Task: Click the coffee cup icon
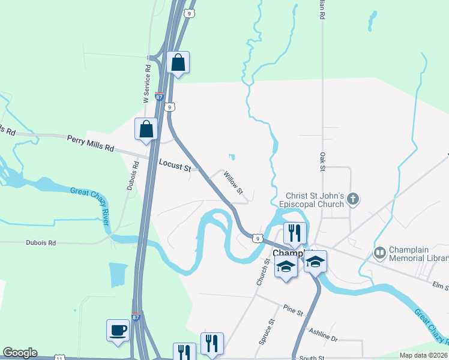[118, 330]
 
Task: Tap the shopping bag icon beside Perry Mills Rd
[146, 129]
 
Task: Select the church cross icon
[353, 199]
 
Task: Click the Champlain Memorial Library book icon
[379, 253]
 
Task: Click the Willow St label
[233, 183]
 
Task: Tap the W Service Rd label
[146, 84]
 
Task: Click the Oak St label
[322, 161]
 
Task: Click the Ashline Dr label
[324, 334]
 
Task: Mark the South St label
[312, 358]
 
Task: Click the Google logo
[20, 353]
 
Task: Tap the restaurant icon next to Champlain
[295, 233]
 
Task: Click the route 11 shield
[59, 358]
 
